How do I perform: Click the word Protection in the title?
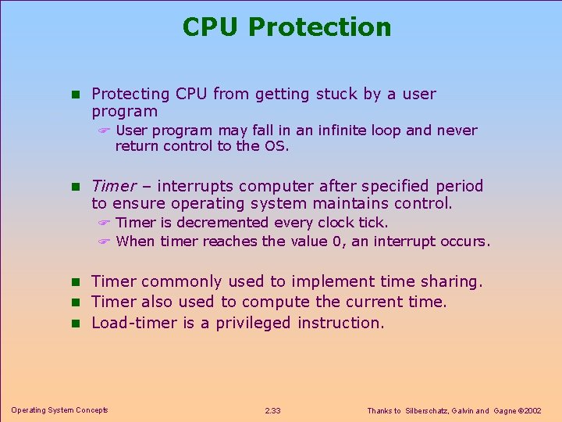pyautogui.click(x=321, y=27)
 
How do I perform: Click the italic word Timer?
pyautogui.click(x=113, y=186)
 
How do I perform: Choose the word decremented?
pyautogui.click(x=222, y=223)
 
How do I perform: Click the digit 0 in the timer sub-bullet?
pyautogui.click(x=337, y=241)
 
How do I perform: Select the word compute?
pyautogui.click(x=275, y=302)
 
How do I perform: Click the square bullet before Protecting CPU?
pyautogui.click(x=76, y=95)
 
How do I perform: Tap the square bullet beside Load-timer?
pyautogui.click(x=76, y=324)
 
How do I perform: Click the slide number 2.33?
pyautogui.click(x=273, y=411)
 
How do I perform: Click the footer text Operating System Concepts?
pyautogui.click(x=59, y=410)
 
